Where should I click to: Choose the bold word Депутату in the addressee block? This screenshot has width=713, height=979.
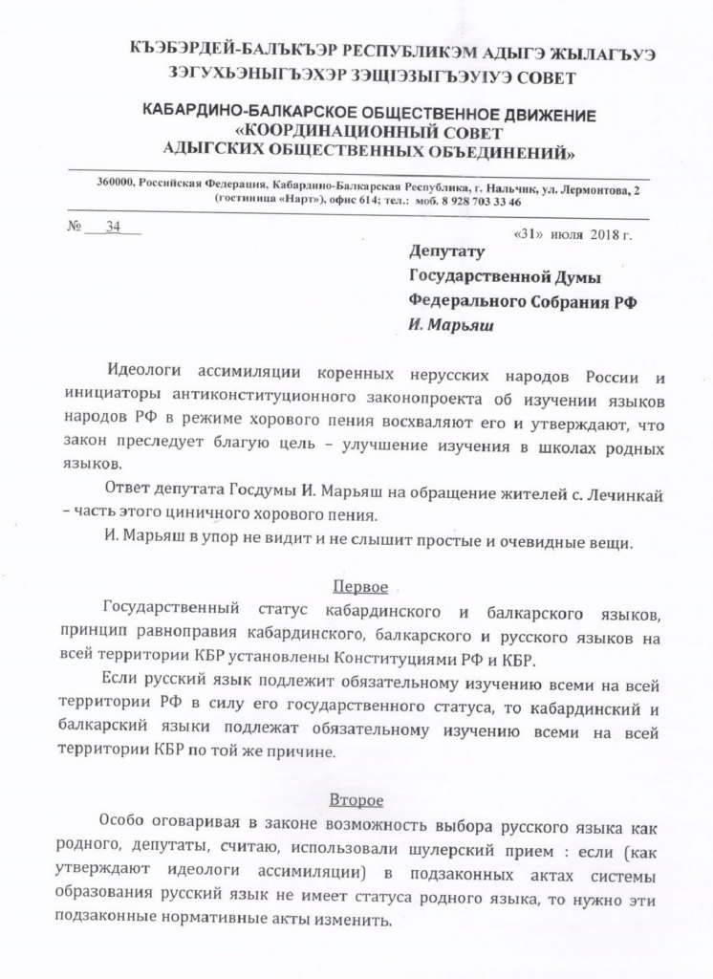(447, 252)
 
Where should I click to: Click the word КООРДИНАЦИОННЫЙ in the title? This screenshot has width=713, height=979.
(371, 132)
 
